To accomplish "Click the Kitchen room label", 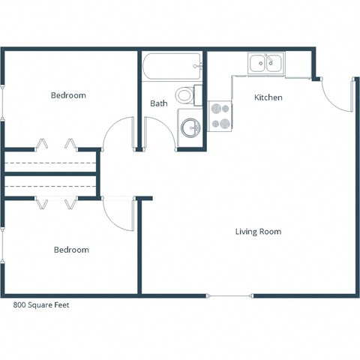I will point(268,97).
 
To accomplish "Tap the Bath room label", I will point(158,103).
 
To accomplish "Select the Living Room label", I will point(258,232).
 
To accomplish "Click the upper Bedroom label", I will point(68,95).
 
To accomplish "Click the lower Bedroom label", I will point(71,250).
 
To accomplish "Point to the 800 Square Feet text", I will point(42,305).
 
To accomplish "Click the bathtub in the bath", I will point(171,67).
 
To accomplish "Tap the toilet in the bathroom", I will point(185,95).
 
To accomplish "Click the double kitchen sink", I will point(265,64).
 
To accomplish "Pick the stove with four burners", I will point(220,116).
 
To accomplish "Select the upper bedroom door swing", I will point(118,135).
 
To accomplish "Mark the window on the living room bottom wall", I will point(229,296).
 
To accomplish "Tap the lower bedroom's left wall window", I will point(3,244).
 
